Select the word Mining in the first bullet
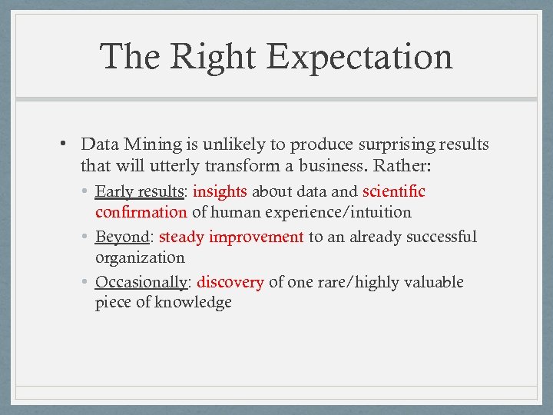152,144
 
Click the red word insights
220,191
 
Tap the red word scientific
393,191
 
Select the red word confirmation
141,211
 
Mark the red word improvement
256,237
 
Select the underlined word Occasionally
141,282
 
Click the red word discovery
230,282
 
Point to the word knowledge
193,302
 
